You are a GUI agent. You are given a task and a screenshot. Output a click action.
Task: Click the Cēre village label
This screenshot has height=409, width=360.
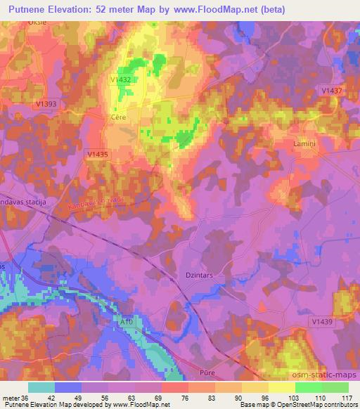click(x=119, y=117)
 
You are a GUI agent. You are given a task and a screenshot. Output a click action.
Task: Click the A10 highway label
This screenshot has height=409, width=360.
click(x=127, y=322)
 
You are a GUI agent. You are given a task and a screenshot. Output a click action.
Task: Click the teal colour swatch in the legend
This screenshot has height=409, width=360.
click(x=41, y=387)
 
